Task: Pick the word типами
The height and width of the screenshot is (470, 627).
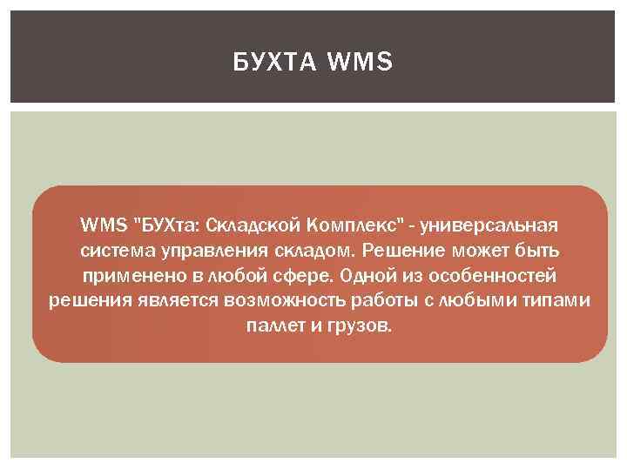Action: click(x=559, y=302)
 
